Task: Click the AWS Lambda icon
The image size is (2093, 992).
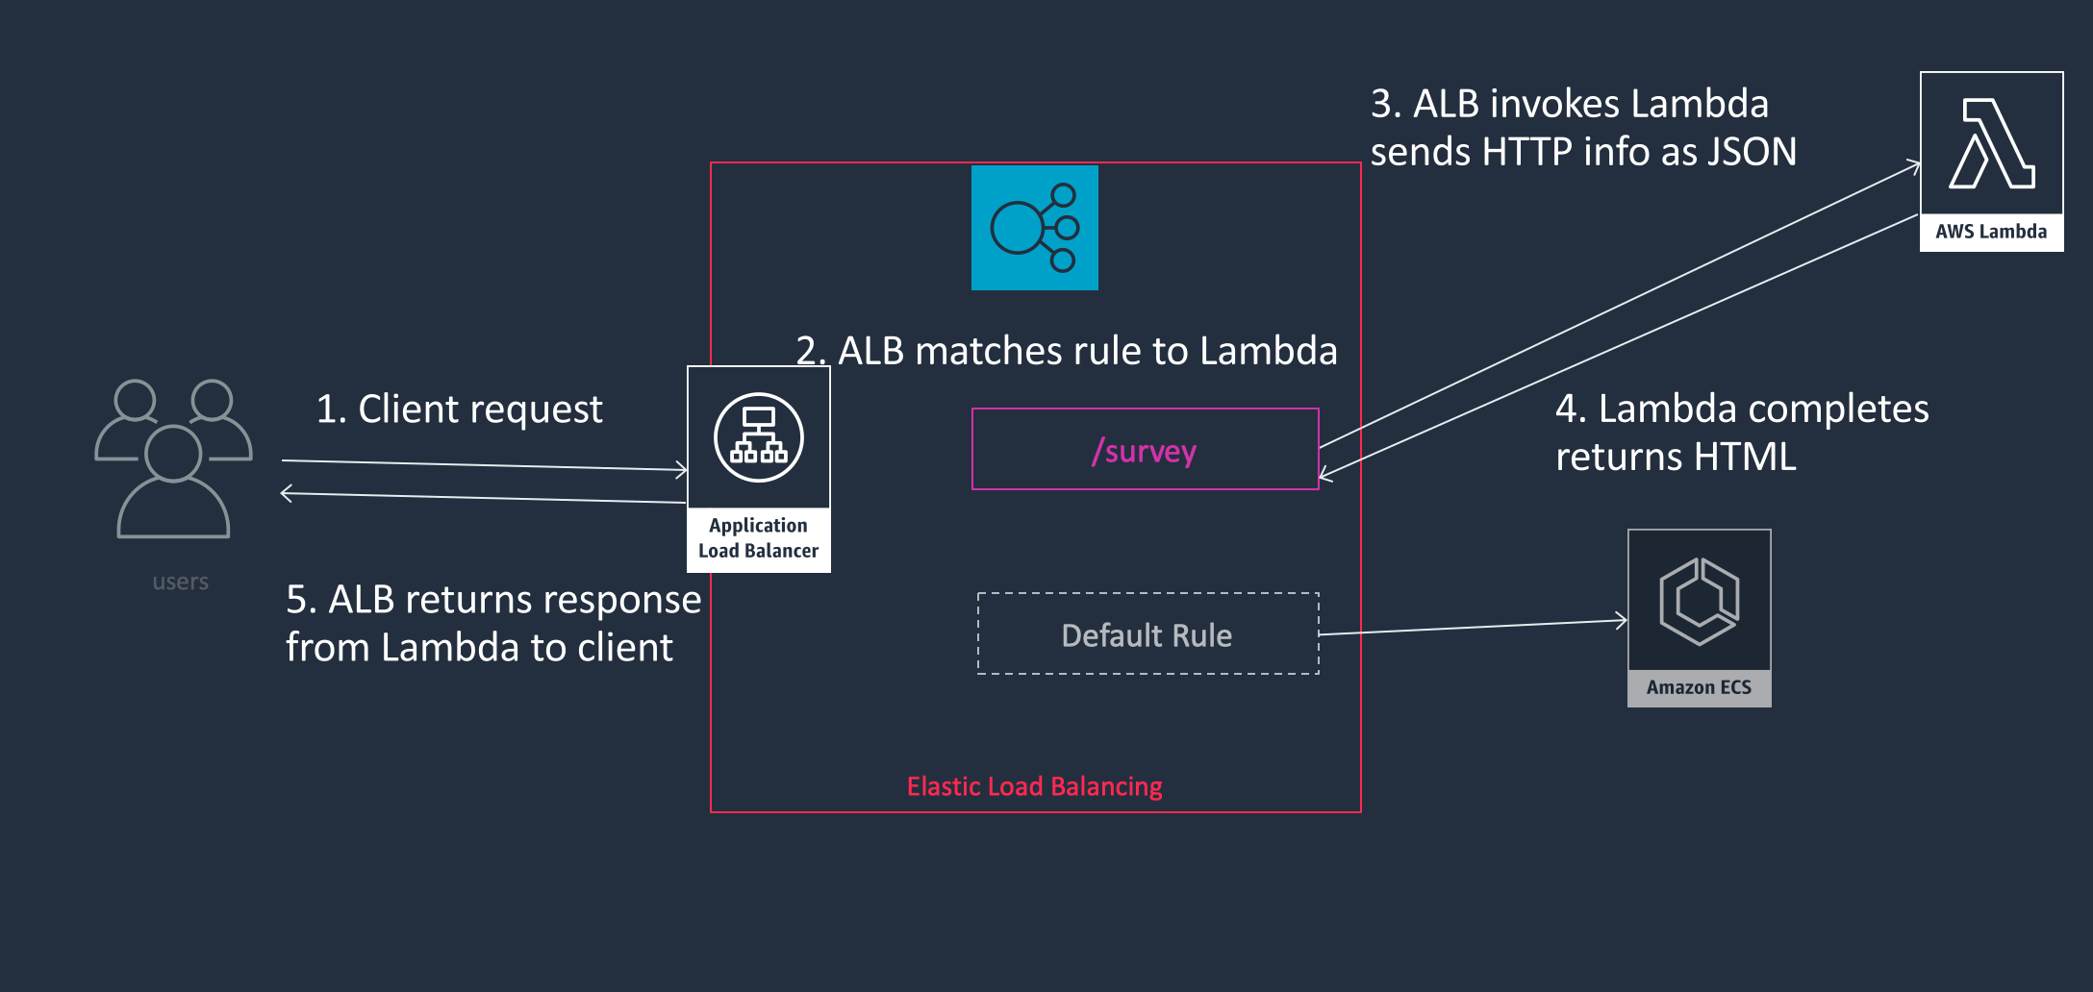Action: [x=1991, y=144]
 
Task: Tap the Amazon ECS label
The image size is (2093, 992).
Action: [x=1699, y=687]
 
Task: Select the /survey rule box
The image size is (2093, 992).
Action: [x=1145, y=450]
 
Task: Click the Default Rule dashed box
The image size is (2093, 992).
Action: [x=1147, y=634]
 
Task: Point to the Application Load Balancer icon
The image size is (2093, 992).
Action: [x=759, y=438]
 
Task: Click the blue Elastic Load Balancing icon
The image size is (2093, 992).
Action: [x=1034, y=228]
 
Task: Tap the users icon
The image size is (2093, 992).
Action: [x=173, y=458]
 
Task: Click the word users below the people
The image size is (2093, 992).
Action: [x=180, y=582]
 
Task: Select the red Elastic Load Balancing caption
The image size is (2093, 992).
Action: [x=1034, y=786]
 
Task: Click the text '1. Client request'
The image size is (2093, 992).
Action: [x=459, y=409]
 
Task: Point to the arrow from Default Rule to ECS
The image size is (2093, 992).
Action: [x=1472, y=627]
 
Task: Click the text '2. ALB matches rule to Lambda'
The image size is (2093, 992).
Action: [x=1066, y=351]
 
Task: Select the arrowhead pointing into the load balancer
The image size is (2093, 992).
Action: [x=682, y=470]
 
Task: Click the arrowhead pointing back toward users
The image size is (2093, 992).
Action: [x=286, y=494]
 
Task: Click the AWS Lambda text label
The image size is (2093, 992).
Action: [x=1991, y=232]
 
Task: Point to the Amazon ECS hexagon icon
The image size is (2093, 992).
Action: [x=1699, y=602]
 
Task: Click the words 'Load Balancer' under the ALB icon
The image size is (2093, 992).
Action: [x=758, y=551]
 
